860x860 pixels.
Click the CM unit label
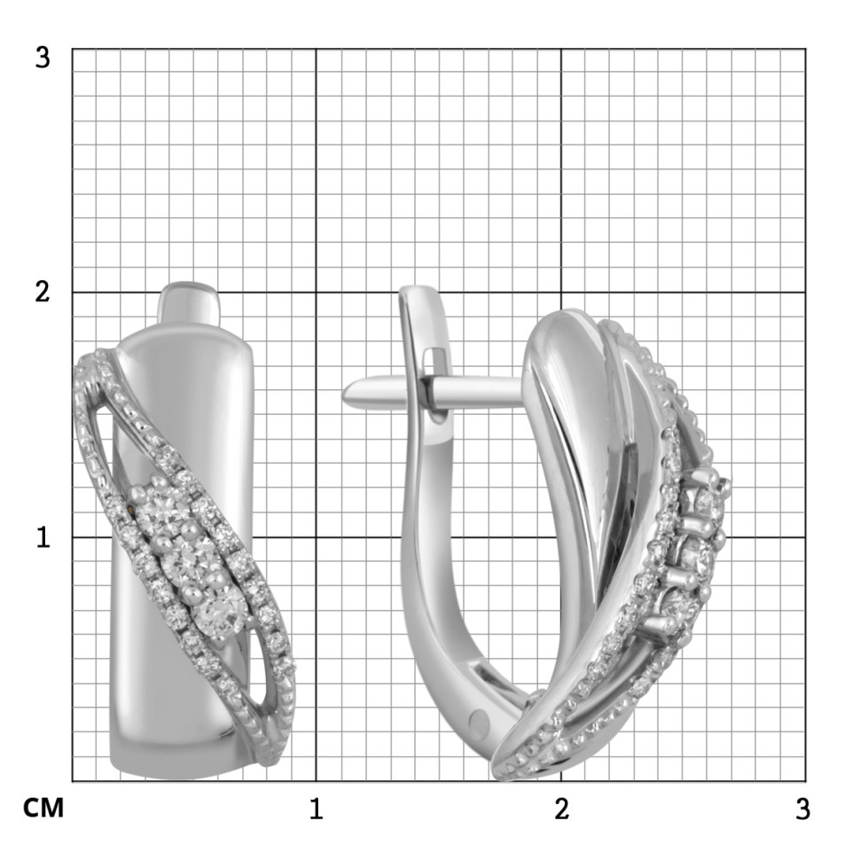click(43, 808)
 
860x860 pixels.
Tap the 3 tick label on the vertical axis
click(43, 57)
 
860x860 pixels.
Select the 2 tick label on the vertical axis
click(43, 292)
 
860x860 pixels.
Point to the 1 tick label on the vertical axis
click(43, 537)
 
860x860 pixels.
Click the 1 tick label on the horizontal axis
click(316, 809)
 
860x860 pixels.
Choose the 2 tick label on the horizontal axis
click(561, 809)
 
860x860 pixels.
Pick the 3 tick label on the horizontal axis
click(802, 809)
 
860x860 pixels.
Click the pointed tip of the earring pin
click(344, 394)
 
